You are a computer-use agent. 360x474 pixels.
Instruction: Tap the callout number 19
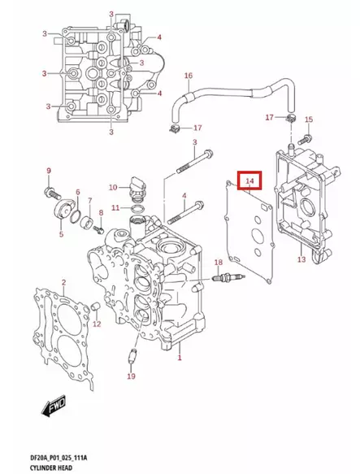coord(130,377)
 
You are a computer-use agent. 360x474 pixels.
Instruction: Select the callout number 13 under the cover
coord(301,259)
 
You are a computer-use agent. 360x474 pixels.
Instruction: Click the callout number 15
coord(308,120)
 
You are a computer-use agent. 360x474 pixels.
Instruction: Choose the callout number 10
coord(115,187)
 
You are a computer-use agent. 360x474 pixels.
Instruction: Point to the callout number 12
coord(96,324)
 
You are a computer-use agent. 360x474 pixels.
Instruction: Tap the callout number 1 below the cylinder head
coord(180,357)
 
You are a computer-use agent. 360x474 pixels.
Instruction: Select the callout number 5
coord(60,235)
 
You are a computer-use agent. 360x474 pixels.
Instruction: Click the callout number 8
coord(101,213)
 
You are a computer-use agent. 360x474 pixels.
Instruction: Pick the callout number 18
coord(217,262)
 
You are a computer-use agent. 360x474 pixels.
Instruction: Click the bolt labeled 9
coord(51,191)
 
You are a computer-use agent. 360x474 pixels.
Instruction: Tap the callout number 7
coord(89,201)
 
